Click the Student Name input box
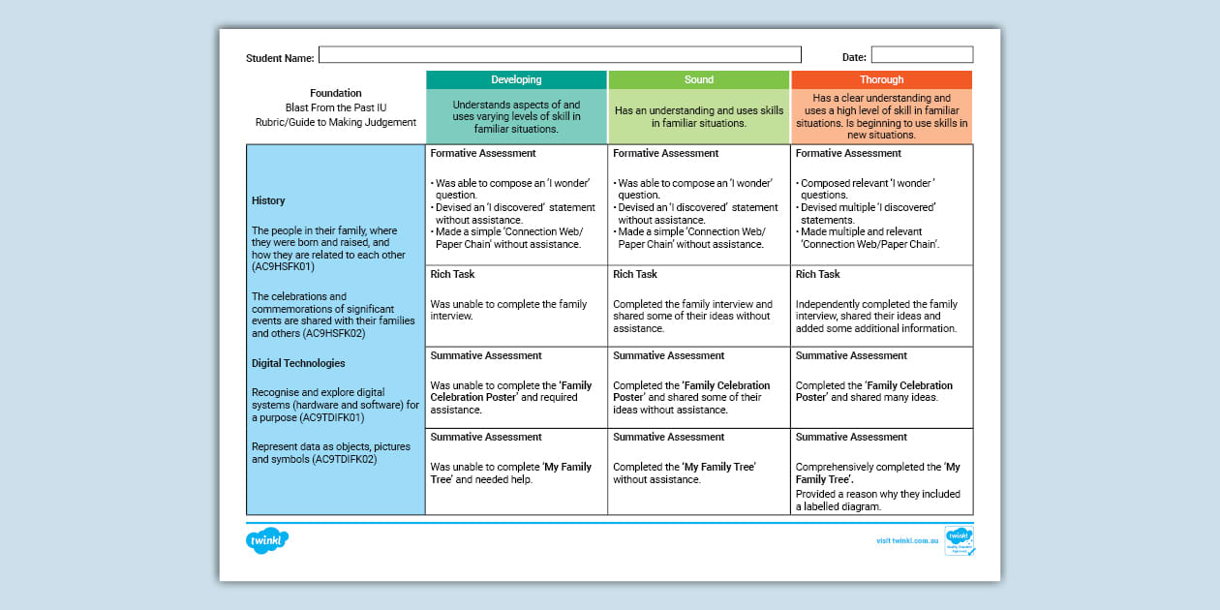tap(560, 55)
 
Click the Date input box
tap(922, 55)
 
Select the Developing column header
tap(516, 79)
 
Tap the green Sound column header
tap(698, 79)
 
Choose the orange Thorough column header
tap(881, 79)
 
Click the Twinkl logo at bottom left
tap(267, 540)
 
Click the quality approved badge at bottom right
tap(960, 540)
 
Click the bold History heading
tap(268, 200)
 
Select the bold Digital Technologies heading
tap(298, 363)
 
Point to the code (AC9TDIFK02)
tap(344, 459)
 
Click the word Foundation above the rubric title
tap(336, 93)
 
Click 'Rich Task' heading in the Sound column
tap(635, 274)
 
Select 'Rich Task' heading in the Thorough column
tap(818, 274)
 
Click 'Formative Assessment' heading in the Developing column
tap(483, 153)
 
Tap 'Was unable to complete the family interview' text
tap(508, 310)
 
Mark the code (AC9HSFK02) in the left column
tap(335, 332)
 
